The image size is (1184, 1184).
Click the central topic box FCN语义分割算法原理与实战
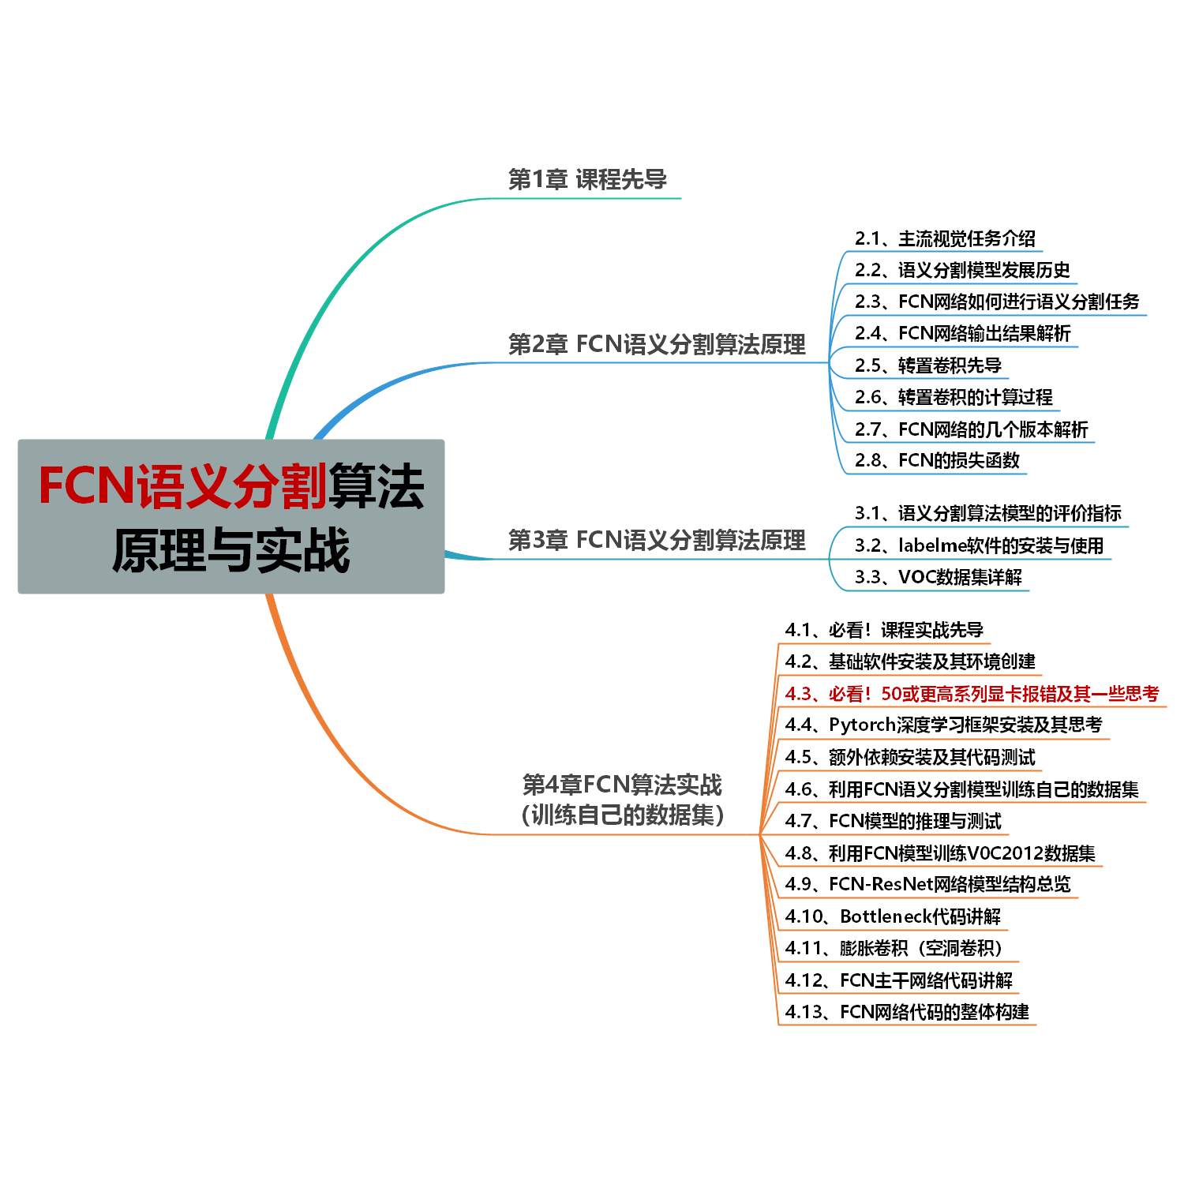tap(230, 516)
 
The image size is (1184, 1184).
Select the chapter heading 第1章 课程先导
tap(587, 180)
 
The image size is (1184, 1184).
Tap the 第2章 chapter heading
tap(657, 344)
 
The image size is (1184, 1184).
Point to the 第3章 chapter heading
tap(657, 540)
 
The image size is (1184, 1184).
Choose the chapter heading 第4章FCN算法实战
tap(622, 785)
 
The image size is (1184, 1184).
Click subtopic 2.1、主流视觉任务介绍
tap(945, 238)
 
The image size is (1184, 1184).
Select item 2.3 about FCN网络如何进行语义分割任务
tap(997, 302)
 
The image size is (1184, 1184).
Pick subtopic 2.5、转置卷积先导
tap(928, 365)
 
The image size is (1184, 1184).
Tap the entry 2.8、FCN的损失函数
tap(937, 460)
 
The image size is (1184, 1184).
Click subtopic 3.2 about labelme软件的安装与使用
tap(979, 545)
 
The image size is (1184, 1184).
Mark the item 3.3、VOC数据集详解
tap(938, 577)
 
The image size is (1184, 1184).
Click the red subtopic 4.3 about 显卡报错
tap(972, 694)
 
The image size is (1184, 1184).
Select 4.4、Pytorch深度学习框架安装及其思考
tap(943, 725)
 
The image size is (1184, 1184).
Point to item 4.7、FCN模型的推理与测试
tap(893, 822)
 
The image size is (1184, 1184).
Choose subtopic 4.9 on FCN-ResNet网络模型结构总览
tap(927, 884)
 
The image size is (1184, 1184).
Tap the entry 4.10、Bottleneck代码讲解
tap(893, 916)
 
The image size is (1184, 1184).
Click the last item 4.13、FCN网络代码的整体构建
tap(907, 1012)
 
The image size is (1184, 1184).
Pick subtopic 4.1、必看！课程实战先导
tap(884, 630)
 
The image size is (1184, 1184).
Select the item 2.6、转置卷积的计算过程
tap(954, 397)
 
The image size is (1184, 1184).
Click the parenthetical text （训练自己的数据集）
tap(622, 815)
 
